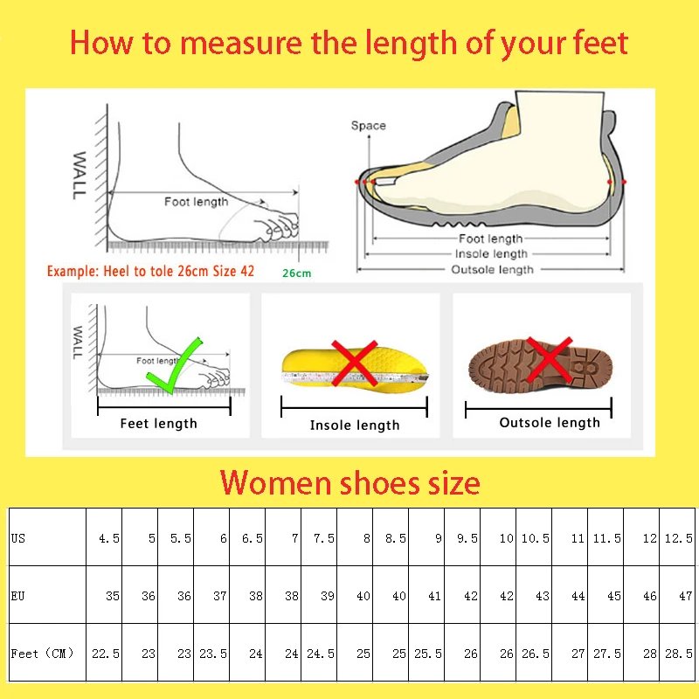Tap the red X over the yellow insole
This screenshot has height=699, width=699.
coord(353,363)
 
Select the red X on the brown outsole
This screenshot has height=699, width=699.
coord(549,358)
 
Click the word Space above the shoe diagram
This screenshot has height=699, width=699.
coord(368,126)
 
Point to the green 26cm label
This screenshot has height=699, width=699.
coord(296,273)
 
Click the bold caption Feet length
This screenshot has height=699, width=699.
coord(159,424)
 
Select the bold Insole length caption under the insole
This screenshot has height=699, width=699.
coord(354,426)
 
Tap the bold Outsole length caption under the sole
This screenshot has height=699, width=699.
coord(550,423)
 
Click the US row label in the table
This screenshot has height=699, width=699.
coord(18,538)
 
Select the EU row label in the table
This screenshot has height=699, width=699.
coord(18,596)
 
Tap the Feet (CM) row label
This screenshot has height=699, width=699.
coord(43,654)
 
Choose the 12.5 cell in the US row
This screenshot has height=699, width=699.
coord(679,538)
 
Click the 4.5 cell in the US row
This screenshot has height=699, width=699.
coord(108,538)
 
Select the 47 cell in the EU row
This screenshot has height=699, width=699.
coord(686,596)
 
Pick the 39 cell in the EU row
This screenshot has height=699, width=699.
coord(327,596)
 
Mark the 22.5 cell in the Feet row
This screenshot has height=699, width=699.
coord(105,654)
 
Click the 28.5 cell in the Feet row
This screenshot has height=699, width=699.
coord(679,654)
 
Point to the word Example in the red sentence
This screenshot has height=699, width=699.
coord(73,272)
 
